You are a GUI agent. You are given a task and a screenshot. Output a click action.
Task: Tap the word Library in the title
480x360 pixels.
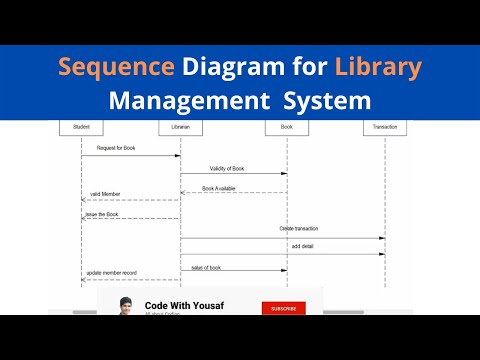379,69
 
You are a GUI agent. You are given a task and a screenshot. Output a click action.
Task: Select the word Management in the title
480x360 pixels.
189,101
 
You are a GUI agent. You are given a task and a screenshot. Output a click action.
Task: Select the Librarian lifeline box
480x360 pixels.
180,128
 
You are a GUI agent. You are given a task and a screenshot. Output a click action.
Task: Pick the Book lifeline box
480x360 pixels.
286,128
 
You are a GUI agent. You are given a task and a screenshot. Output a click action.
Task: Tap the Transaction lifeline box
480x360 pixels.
385,128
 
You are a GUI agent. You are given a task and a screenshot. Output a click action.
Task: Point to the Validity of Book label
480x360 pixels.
228,168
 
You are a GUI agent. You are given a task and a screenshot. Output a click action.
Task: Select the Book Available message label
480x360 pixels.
219,187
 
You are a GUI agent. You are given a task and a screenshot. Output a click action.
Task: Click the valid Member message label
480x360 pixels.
105,194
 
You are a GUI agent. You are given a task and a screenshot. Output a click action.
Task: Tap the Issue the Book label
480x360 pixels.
100,213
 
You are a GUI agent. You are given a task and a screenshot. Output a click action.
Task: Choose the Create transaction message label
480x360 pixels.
299,229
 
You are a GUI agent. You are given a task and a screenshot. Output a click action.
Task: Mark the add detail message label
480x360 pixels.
303,246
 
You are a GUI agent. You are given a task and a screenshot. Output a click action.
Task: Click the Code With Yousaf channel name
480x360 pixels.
184,306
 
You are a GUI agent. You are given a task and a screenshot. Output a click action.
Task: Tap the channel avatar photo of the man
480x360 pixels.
126,307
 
